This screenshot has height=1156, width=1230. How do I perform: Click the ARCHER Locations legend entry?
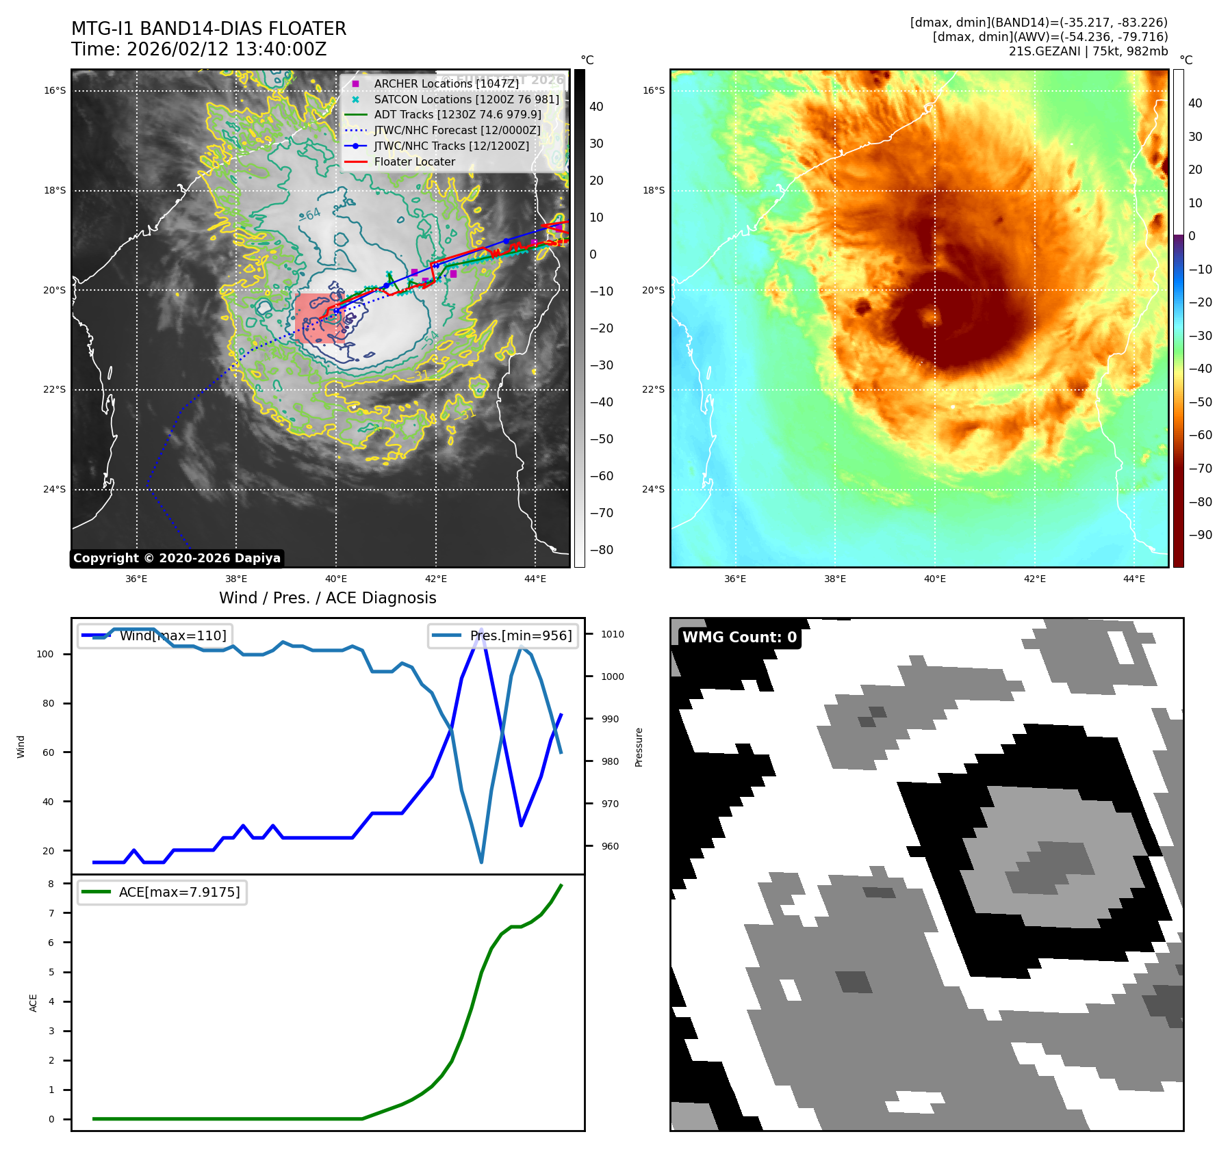coord(446,83)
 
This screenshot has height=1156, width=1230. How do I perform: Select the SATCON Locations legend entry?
coord(466,99)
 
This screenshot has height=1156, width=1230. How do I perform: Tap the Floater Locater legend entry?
coord(414,161)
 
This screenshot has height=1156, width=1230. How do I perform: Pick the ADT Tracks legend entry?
coord(457,114)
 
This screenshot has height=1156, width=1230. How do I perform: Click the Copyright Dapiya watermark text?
coord(177,558)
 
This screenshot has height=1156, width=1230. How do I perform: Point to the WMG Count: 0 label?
coord(739,638)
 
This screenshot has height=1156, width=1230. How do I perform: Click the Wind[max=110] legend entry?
coord(172,635)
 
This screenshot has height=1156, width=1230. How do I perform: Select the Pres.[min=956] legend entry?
coord(520,635)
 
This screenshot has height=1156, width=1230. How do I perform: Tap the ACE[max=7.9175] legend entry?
coord(179,892)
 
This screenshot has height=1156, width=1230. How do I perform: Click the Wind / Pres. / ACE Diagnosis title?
coord(327,598)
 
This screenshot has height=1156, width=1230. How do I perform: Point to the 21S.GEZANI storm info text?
coord(1088,51)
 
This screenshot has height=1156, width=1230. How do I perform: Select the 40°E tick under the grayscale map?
coord(336,579)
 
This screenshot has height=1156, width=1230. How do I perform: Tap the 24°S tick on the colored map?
coord(653,489)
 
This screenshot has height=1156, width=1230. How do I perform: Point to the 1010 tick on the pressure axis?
coord(613,634)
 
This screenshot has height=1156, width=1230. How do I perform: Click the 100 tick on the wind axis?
coord(45,654)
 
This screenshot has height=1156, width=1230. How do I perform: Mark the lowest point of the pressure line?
coord(481,862)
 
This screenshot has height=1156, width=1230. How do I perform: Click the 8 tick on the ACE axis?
coord(51,884)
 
